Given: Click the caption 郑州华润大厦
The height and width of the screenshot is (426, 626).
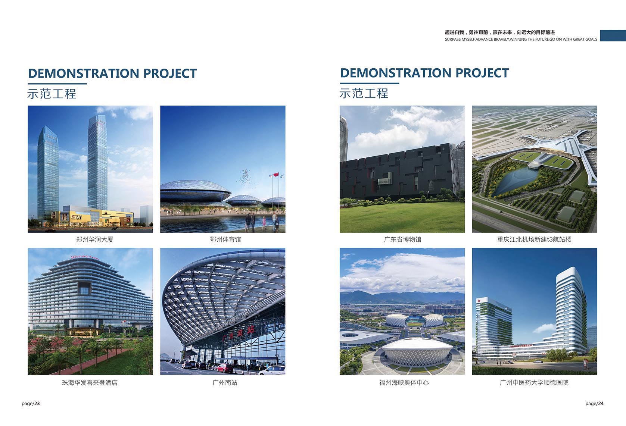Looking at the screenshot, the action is [94, 240].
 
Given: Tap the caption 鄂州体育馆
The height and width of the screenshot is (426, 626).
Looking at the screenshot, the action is [225, 240].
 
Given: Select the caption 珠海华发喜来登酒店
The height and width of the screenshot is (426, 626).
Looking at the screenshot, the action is [90, 383].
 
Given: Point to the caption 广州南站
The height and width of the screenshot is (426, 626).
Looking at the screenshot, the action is [225, 383].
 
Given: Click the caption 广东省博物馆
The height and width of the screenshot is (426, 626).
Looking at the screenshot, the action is [402, 240].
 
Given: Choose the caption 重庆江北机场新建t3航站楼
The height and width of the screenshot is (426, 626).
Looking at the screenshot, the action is [534, 240].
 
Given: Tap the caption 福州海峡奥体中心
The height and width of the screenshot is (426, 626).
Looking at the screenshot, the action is [404, 383].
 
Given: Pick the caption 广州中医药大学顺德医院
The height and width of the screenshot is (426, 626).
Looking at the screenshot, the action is [534, 383].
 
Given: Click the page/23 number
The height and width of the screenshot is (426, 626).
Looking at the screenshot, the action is [31, 404].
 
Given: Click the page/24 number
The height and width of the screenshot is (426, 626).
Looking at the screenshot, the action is [594, 404].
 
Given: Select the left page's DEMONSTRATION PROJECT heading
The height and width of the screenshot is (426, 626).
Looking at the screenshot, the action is [112, 73].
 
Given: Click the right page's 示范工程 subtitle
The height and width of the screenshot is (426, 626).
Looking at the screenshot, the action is [364, 94].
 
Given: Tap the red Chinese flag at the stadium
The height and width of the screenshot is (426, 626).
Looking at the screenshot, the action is [276, 175].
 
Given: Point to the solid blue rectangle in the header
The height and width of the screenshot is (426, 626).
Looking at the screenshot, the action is [613, 35].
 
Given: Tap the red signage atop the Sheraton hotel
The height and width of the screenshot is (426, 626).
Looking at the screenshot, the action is [84, 257].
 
